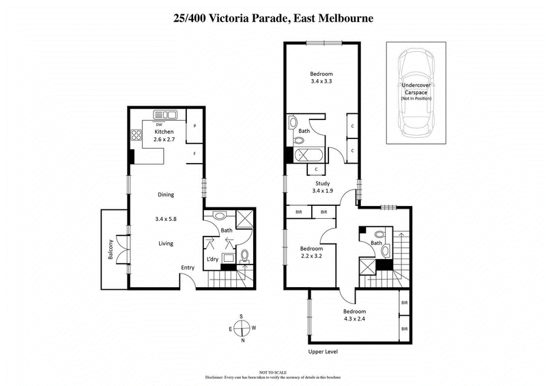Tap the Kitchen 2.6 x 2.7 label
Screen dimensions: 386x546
[x=164, y=136]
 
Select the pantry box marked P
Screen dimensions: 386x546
[x=195, y=126]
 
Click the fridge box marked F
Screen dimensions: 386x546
[x=195, y=154]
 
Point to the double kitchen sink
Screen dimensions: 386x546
[x=164, y=115]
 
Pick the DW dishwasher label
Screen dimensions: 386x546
[x=159, y=125]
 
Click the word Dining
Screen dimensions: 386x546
[x=165, y=194]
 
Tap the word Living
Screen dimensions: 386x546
[x=165, y=243]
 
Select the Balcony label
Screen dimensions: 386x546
[x=109, y=252]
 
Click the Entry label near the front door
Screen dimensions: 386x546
[x=188, y=267]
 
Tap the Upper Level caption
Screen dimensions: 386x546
[x=323, y=352]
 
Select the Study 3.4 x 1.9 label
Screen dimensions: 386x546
[x=322, y=188]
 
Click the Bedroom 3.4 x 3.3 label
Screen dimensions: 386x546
[x=321, y=78]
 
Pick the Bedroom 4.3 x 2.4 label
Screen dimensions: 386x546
[x=355, y=315]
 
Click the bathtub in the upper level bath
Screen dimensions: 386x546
[x=309, y=155]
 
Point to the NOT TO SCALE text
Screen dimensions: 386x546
[x=273, y=371]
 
